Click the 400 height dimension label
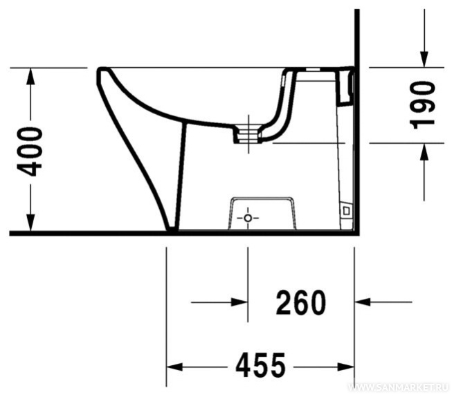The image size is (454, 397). [x=30, y=152]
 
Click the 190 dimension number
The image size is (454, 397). [x=423, y=105]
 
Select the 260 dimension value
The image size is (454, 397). [x=301, y=302]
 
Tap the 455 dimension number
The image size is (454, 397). [x=261, y=365]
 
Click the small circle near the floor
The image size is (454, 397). [x=248, y=218]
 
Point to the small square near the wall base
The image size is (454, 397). [x=346, y=211]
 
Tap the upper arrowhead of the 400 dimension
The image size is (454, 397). [x=30, y=76]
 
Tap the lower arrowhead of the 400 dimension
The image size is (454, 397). [x=30, y=223]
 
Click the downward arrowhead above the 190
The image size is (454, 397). [x=424, y=59]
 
